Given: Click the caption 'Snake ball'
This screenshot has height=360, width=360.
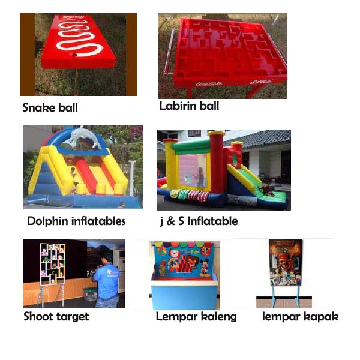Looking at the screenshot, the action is pyautogui.click(x=50, y=107).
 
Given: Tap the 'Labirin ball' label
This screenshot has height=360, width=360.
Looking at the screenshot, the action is pyautogui.click(x=189, y=106).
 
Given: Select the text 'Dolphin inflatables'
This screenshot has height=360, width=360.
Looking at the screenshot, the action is pyautogui.click(x=76, y=221).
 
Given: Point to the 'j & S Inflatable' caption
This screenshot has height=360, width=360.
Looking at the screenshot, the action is pyautogui.click(x=199, y=221).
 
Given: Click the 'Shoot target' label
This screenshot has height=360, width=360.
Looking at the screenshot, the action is pyautogui.click(x=56, y=317).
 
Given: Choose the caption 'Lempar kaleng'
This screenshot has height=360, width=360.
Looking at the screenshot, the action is pyautogui.click(x=196, y=317).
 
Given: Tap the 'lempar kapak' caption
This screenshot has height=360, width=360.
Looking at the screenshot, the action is pyautogui.click(x=301, y=317).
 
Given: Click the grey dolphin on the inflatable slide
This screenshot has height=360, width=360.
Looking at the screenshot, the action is pyautogui.click(x=85, y=137).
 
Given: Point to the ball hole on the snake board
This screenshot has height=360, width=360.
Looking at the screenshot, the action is pyautogui.click(x=74, y=55).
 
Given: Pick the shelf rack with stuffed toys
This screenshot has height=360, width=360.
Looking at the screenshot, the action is pyautogui.click(x=53, y=264).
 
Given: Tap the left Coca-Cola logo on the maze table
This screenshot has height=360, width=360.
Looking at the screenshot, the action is pyautogui.click(x=209, y=84).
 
